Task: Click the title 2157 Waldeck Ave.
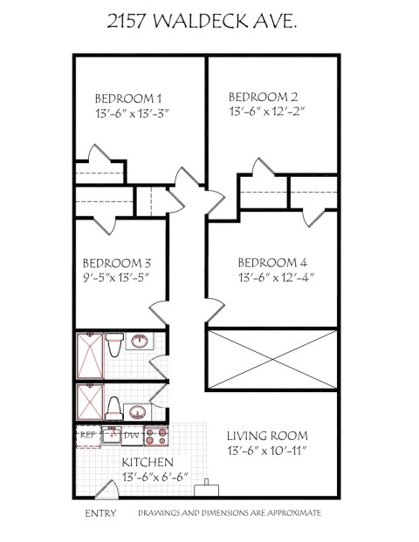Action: click(202, 22)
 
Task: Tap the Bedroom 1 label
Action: click(128, 98)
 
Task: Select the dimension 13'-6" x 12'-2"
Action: click(266, 112)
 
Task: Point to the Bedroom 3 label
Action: click(117, 263)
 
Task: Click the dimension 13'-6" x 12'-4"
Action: click(276, 277)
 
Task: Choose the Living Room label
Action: click(267, 436)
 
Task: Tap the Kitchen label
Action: click(148, 462)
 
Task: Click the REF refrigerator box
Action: click(88, 437)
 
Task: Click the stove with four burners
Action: click(156, 436)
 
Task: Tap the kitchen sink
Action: click(112, 435)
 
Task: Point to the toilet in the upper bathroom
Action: click(114, 344)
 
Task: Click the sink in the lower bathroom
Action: click(138, 412)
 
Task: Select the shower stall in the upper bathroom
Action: click(90, 356)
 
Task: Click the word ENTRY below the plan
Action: click(100, 513)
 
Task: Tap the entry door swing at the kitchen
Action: click(107, 489)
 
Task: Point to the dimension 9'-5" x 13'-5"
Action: click(116, 277)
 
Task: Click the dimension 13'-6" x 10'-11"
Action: click(267, 451)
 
